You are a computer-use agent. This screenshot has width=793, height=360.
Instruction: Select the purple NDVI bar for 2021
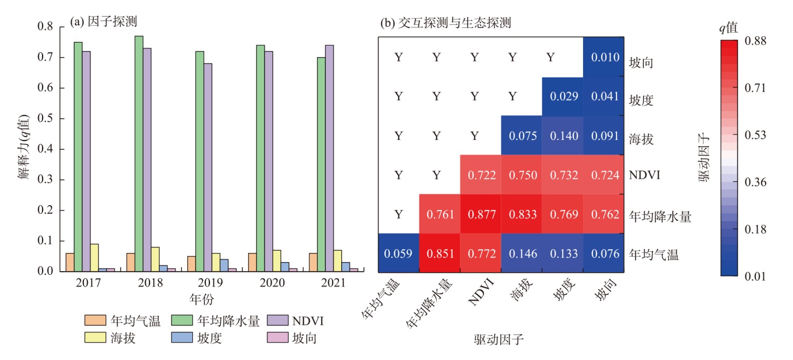pos(329,158)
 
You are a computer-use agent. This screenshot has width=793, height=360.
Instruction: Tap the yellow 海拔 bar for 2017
pos(95,258)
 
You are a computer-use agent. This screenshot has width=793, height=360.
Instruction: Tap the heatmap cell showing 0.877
pos(480,214)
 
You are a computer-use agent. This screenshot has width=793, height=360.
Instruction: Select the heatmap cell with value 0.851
pos(439,253)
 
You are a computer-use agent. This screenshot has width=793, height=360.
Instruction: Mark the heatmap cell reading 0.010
pos(603,57)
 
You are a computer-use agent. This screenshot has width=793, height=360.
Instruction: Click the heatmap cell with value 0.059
pos(398,253)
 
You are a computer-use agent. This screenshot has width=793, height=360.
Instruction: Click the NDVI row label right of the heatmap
pos(643,175)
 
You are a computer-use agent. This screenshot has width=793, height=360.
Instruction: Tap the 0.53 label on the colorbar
pos(754,135)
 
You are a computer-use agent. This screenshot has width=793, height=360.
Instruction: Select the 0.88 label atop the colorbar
pos(754,41)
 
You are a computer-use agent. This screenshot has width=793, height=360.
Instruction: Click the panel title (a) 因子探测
pos(103,22)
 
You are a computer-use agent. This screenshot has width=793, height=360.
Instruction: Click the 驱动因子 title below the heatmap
pos(499,339)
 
